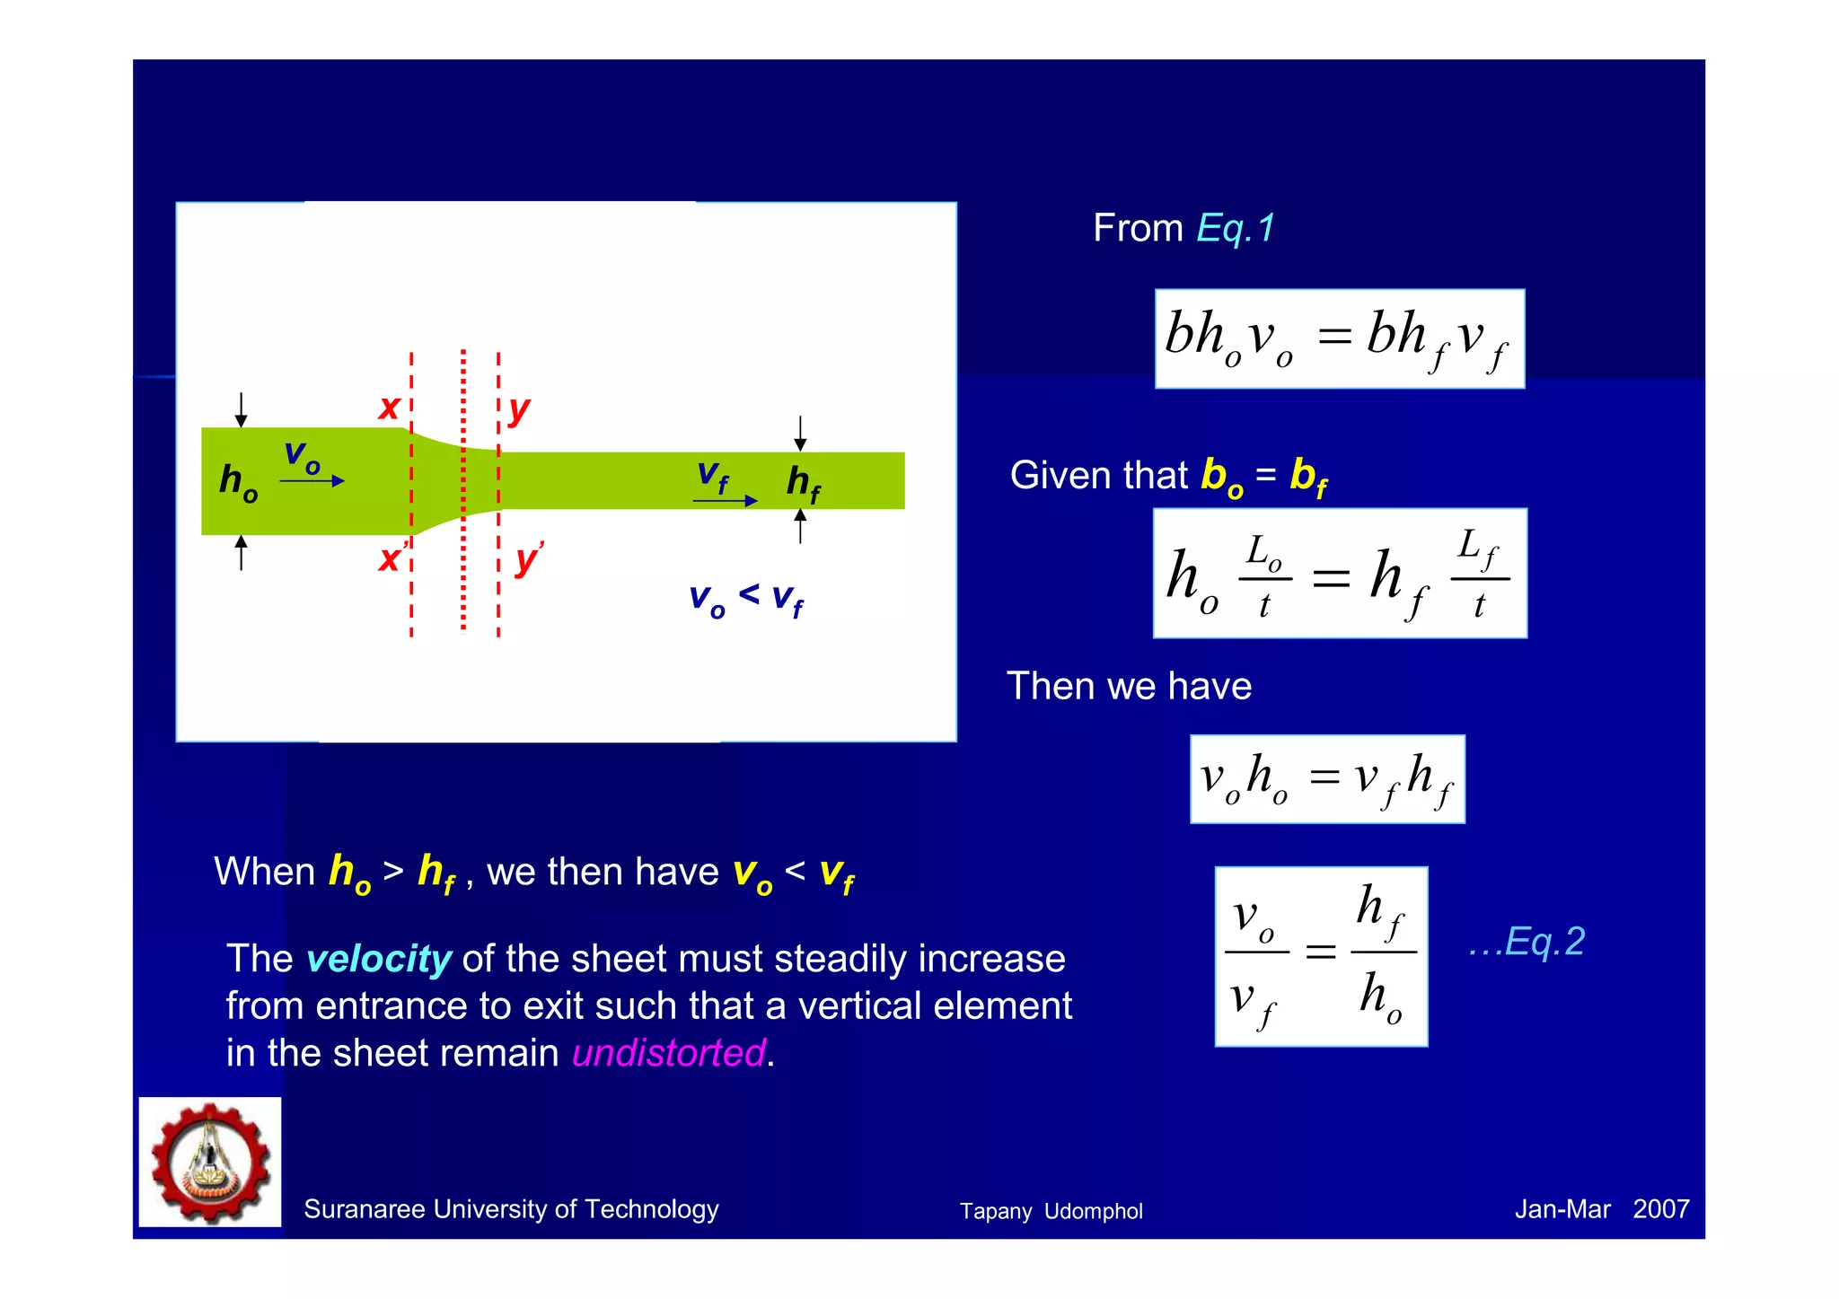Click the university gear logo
pyautogui.click(x=210, y=1163)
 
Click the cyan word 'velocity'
pyautogui.click(x=378, y=959)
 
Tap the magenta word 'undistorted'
pyautogui.click(x=669, y=1053)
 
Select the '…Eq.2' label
pyautogui.click(x=1527, y=942)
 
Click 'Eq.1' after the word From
pyautogui.click(x=1236, y=228)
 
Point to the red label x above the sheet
pyautogui.click(x=389, y=408)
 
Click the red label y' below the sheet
pyautogui.click(x=528, y=559)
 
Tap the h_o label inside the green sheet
pyautogui.click(x=238, y=482)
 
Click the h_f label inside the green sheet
pyautogui.click(x=803, y=484)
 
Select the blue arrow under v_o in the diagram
pyautogui.click(x=312, y=481)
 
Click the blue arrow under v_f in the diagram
pyautogui.click(x=725, y=500)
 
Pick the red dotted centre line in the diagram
pyautogui.click(x=463, y=575)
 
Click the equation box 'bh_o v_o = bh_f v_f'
pyautogui.click(x=1339, y=338)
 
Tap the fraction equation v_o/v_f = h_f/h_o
pyautogui.click(x=1321, y=956)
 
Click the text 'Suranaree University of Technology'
pyautogui.click(x=511, y=1209)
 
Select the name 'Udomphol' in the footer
pyautogui.click(x=1093, y=1211)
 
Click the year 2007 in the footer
pyautogui.click(x=1660, y=1209)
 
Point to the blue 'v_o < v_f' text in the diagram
pyautogui.click(x=745, y=599)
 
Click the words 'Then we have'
pyautogui.click(x=1129, y=686)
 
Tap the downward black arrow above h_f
pyautogui.click(x=800, y=433)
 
